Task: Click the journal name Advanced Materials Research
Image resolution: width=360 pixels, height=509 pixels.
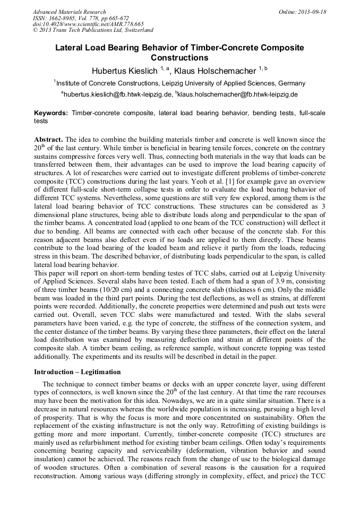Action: (x=69, y=12)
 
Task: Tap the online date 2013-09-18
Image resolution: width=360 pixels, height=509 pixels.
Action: (x=310, y=12)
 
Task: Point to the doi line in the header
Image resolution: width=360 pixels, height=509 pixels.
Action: (x=88, y=24)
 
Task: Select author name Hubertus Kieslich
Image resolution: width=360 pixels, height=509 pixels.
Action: (x=124, y=71)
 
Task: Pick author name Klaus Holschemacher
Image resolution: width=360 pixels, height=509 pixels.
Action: (x=215, y=71)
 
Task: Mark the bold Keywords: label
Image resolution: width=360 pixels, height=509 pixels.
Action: (x=51, y=114)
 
